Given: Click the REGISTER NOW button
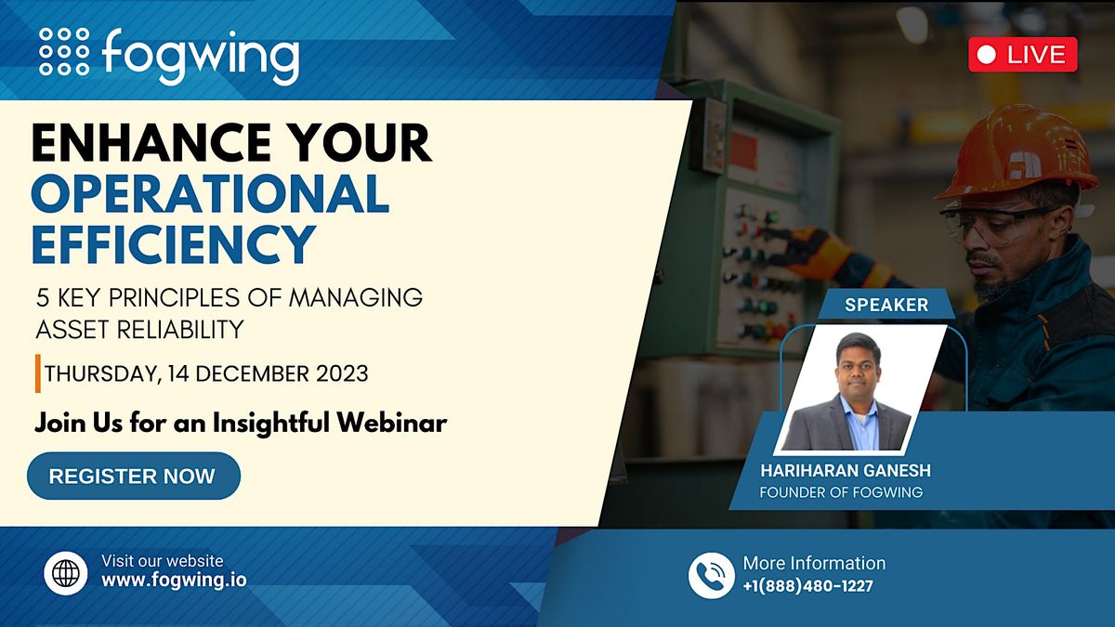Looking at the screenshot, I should (x=133, y=477).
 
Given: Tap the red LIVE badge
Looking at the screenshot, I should (x=1022, y=55).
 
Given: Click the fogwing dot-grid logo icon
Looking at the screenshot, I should (x=64, y=50).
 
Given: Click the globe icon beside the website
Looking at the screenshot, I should (x=66, y=573).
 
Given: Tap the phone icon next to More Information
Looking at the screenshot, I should (x=711, y=575).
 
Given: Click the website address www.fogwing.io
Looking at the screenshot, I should (x=174, y=581).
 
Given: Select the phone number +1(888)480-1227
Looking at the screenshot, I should (x=807, y=585).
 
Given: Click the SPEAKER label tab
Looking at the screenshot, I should (x=885, y=305).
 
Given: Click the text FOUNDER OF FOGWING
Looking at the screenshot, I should (x=841, y=492).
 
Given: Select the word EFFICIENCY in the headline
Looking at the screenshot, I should (x=173, y=243).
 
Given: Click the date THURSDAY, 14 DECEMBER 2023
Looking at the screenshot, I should (x=206, y=373).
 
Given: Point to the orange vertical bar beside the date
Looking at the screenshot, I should (x=37, y=373).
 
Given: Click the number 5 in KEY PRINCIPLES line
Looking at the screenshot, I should (x=42, y=298).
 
